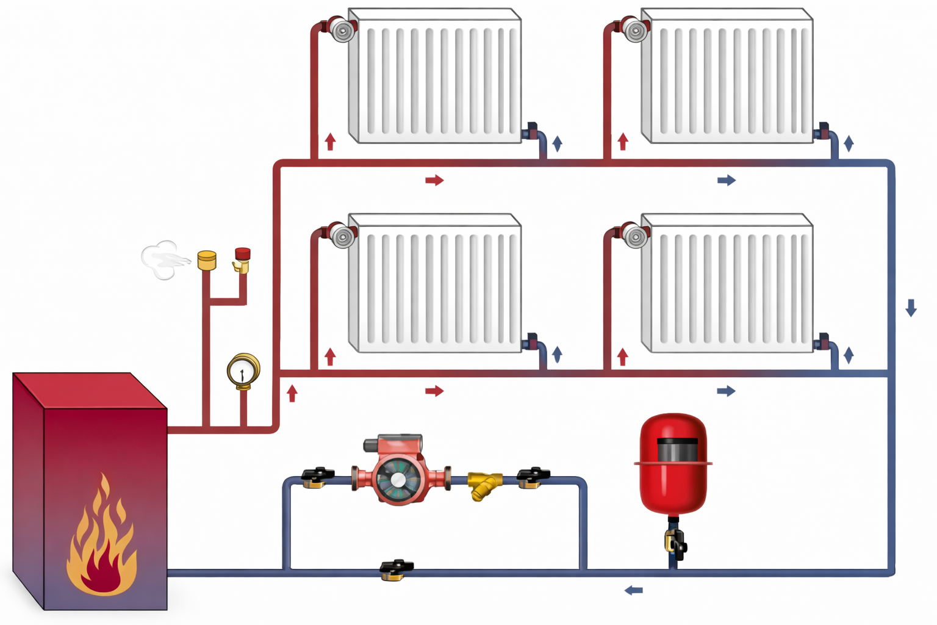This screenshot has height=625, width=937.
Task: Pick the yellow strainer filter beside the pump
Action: tap(484, 485)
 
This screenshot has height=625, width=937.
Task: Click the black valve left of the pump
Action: tap(317, 477)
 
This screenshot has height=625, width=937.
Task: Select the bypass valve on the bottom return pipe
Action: tap(396, 569)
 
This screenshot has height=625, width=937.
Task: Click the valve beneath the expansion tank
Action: tap(675, 543)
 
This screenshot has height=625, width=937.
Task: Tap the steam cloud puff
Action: tap(162, 259)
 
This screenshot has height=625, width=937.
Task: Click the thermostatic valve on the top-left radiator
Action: tap(341, 29)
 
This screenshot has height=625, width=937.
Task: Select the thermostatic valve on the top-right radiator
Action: tap(634, 29)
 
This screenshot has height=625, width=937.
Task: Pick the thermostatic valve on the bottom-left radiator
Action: tap(341, 235)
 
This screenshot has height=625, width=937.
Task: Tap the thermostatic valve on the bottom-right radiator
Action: tap(634, 235)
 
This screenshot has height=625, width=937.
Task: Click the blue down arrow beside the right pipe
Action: tap(911, 307)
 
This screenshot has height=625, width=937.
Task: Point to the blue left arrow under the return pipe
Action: tap(634, 590)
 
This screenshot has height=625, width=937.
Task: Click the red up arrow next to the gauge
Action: tap(292, 393)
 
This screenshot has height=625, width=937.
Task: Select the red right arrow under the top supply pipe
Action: tap(434, 180)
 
